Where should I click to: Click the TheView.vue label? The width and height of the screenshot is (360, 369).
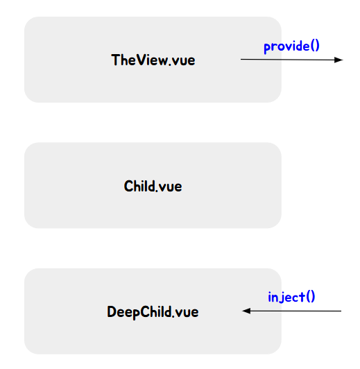click(153, 60)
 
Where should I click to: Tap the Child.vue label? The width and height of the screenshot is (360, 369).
click(153, 187)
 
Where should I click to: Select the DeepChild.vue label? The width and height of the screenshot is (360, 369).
click(153, 312)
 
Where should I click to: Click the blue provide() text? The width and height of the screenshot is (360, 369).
click(291, 46)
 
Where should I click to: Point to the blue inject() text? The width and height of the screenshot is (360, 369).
click(291, 297)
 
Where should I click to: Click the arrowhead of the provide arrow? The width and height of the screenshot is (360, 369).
click(338, 60)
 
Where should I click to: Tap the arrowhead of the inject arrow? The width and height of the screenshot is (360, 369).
click(246, 311)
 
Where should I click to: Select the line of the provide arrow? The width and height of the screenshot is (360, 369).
click(292, 60)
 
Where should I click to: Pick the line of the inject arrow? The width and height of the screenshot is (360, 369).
click(292, 311)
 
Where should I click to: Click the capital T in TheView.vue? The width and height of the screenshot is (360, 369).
click(116, 60)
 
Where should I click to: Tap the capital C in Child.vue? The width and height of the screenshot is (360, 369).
click(128, 187)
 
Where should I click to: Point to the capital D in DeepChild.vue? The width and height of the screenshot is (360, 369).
click(112, 312)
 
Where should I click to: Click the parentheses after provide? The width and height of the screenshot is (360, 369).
click(315, 46)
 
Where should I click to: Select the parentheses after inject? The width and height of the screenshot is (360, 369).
click(311, 297)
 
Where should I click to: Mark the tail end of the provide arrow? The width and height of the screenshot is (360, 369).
click(241, 60)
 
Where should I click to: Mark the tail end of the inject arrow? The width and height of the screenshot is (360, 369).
click(341, 311)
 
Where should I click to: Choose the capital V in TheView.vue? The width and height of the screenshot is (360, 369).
click(142, 60)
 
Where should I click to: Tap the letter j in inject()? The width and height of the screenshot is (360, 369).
click(280, 298)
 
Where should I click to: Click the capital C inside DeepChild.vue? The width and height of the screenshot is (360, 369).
click(145, 312)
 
